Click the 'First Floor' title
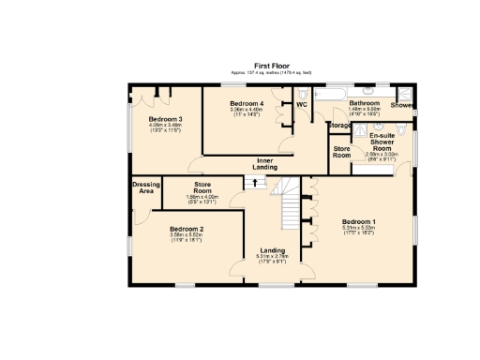[270, 65]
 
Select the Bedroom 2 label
[187, 229]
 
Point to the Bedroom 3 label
[165, 119]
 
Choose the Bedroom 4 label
[246, 102]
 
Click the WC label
[302, 104]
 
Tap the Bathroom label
[364, 102]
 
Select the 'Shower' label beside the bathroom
[401, 105]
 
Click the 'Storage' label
[339, 125]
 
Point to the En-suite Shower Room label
[380, 142]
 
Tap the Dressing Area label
[146, 187]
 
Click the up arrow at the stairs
[250, 183]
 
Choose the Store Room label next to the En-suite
[341, 152]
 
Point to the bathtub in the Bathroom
[331, 97]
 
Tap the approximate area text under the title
[270, 72]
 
